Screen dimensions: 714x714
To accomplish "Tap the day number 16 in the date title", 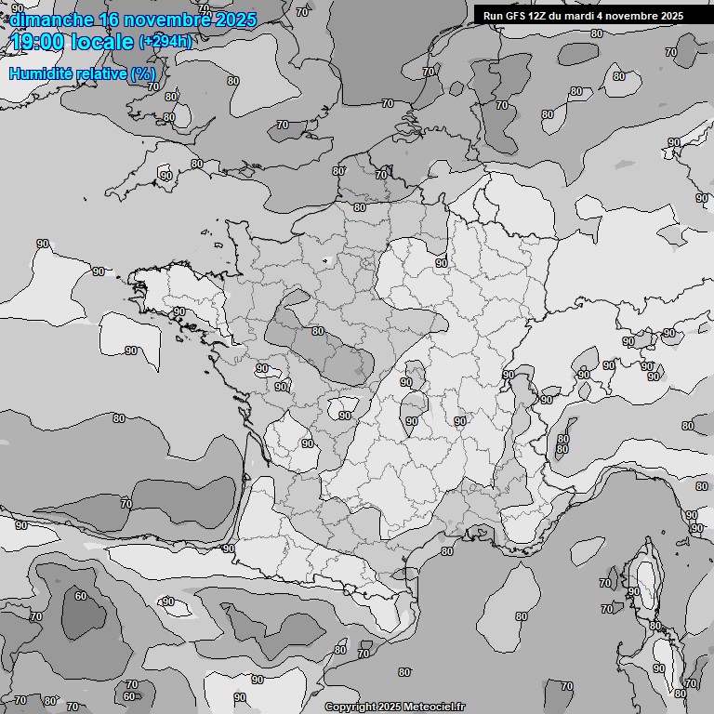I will (x=108, y=20).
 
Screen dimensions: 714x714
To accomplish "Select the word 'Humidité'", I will (x=36, y=73).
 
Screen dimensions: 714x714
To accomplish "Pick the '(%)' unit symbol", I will (x=142, y=73).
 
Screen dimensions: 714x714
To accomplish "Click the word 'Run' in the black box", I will (x=493, y=16).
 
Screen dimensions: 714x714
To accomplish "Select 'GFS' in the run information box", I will (x=517, y=16).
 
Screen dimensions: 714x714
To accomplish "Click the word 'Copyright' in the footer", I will (x=350, y=707).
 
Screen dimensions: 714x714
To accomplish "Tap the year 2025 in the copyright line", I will (x=390, y=707).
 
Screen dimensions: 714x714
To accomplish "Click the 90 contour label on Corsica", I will (x=633, y=591).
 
